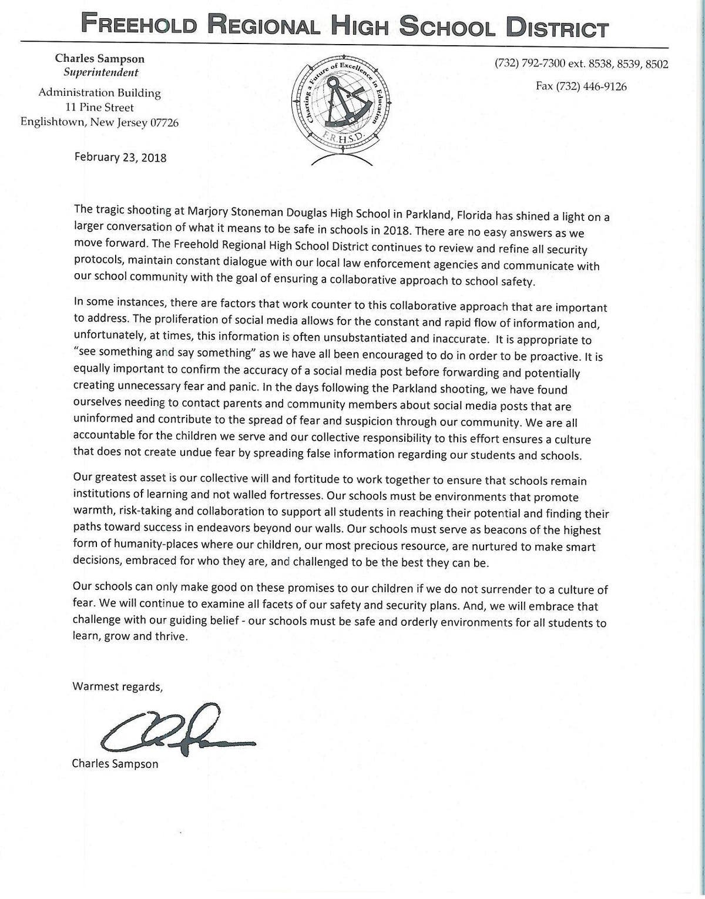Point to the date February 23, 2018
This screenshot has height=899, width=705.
pos(120,157)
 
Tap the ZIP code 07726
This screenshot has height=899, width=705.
pos(163,122)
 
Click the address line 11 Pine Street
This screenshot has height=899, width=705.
pos(99,108)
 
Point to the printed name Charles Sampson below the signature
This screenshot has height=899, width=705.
pos(115,764)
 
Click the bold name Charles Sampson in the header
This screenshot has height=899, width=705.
pos(99,59)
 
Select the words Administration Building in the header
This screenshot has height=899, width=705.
pos(99,93)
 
